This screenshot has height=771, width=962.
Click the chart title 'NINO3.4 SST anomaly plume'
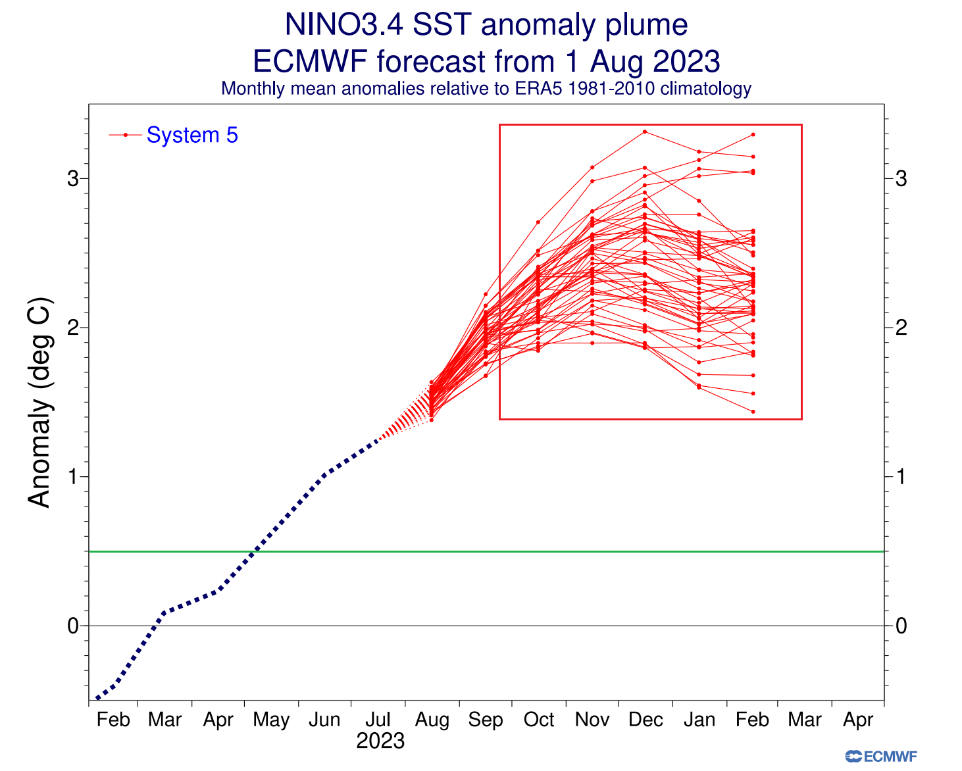[486, 26]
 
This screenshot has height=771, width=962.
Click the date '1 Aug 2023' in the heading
[642, 62]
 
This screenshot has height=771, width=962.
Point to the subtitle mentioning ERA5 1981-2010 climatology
[486, 89]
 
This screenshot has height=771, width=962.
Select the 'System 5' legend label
[192, 135]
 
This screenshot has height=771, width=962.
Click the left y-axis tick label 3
[73, 178]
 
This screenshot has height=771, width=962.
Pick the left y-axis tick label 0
[73, 626]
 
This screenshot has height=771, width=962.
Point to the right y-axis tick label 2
[901, 328]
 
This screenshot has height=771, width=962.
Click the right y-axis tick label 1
[901, 476]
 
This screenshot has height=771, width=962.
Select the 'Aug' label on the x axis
[432, 720]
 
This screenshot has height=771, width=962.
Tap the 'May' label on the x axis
[271, 720]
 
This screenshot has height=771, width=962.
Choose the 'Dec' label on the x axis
[646, 720]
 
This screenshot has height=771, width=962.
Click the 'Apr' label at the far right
[858, 720]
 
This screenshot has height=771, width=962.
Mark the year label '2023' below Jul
[380, 741]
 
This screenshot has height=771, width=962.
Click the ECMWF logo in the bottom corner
[881, 757]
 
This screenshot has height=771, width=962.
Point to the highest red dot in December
[645, 132]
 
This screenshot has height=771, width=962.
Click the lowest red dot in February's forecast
[753, 412]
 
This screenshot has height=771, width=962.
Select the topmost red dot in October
[538, 222]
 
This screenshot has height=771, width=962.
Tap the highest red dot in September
[486, 294]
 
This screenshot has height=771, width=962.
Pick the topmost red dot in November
[592, 167]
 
